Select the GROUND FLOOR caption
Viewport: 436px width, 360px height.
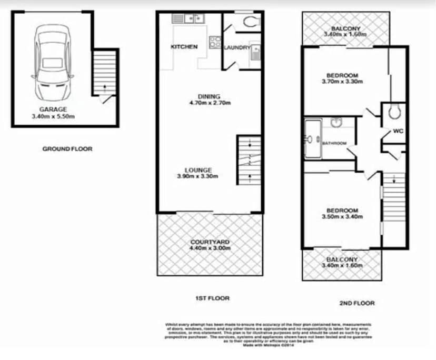[x=67, y=149]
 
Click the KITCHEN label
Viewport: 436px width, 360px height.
[x=184, y=47]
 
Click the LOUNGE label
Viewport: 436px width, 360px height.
[x=198, y=170]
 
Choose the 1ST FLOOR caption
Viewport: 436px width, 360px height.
[x=212, y=298]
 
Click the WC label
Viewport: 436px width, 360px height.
[x=398, y=131]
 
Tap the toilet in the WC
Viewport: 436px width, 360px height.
[x=393, y=111]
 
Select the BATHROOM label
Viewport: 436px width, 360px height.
[x=334, y=143]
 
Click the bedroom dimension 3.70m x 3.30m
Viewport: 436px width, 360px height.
[x=342, y=82]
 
